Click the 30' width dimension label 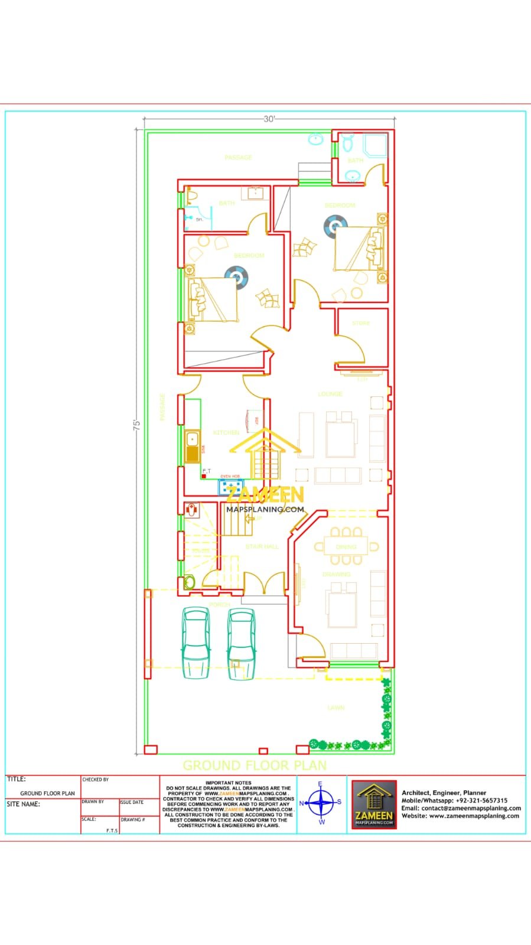[x=269, y=119]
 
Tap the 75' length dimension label [x=136, y=425]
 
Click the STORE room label [x=361, y=323]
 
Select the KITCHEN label [x=226, y=433]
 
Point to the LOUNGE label [x=330, y=394]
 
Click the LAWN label [x=336, y=708]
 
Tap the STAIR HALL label [x=262, y=547]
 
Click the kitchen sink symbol [x=192, y=447]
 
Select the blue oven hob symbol [x=230, y=486]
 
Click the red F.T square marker [x=204, y=476]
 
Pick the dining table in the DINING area [x=346, y=547]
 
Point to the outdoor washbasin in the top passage [x=316, y=140]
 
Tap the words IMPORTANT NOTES [x=228, y=783]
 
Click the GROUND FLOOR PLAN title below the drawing [x=255, y=765]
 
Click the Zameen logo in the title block [x=374, y=804]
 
